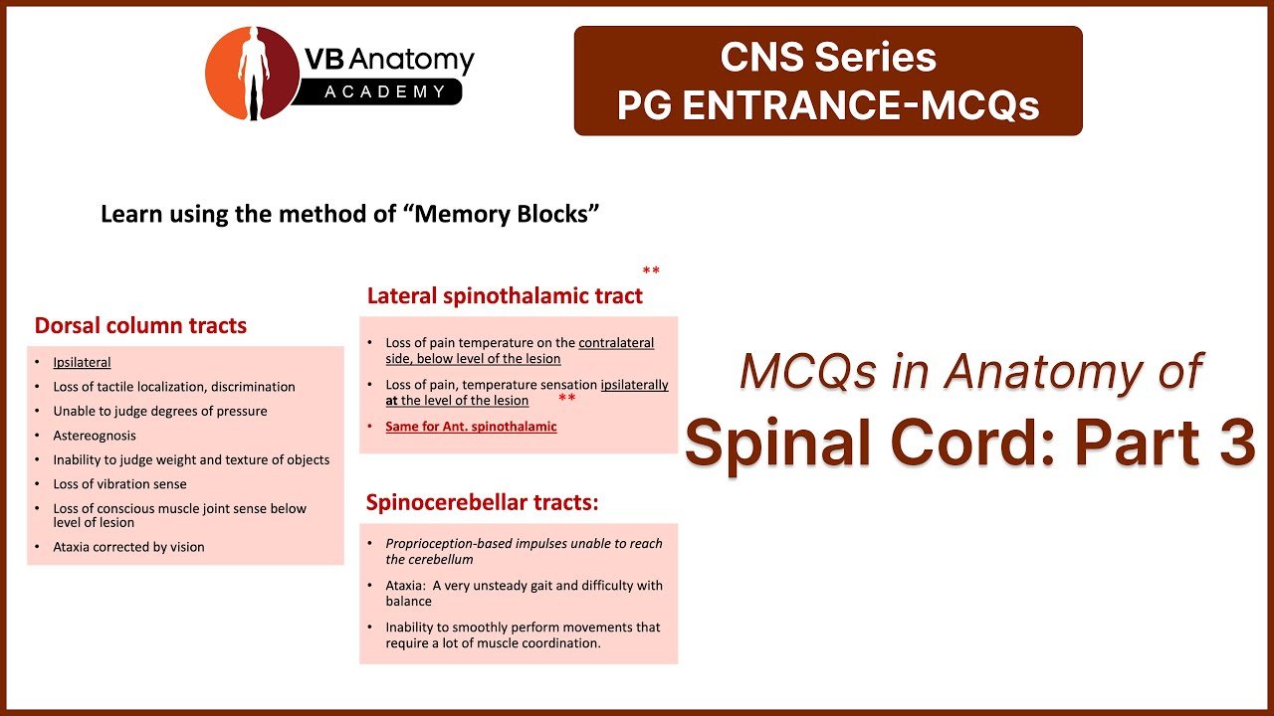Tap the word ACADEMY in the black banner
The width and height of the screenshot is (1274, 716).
(385, 91)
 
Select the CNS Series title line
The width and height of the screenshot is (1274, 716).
(828, 57)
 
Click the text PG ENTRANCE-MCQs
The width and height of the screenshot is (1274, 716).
(828, 105)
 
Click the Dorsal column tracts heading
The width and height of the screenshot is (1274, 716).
(140, 325)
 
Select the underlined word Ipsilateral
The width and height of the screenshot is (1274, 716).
(82, 363)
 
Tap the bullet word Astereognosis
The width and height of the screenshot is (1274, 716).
(95, 436)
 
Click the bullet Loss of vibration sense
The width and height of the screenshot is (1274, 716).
(119, 484)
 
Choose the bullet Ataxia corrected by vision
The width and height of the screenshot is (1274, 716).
(128, 547)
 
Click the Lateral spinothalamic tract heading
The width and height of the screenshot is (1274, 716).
(505, 296)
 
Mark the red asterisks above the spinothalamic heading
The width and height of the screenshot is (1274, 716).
(651, 269)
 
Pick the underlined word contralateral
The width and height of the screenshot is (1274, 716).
(616, 343)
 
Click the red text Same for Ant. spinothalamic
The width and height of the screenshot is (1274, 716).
(471, 427)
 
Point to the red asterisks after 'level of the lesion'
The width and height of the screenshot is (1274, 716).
(567, 397)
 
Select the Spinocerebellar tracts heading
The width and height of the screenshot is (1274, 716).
(483, 502)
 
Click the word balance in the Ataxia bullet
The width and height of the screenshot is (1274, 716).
(408, 602)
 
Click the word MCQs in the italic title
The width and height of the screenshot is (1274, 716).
(807, 372)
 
